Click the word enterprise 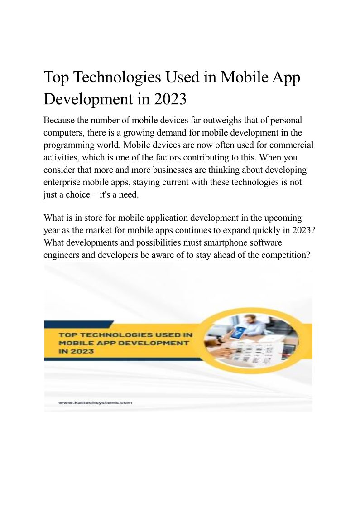point(63,182)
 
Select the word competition point(282,255)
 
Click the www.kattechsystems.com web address point(95,402)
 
